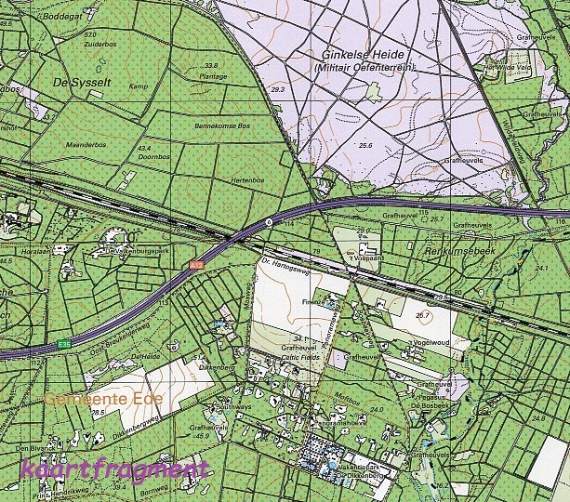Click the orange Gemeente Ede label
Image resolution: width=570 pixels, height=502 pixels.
103,398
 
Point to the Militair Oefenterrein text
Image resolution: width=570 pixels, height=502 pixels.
365,68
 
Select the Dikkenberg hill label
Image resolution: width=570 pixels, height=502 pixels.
217,367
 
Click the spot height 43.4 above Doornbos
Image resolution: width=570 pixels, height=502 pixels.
144,148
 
